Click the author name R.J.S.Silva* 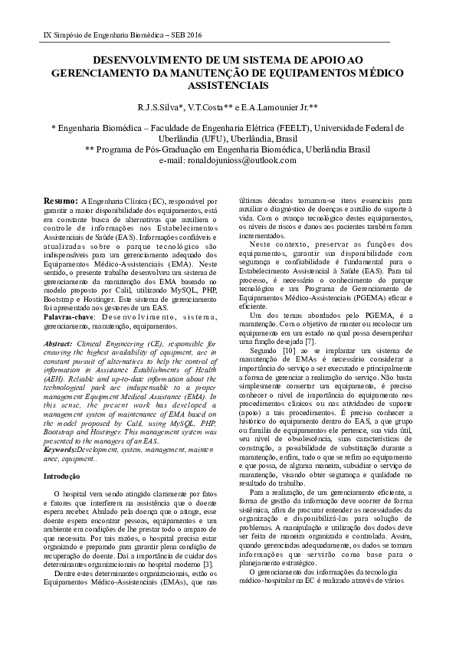point(162,109)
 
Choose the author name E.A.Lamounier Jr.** point(285,109)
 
